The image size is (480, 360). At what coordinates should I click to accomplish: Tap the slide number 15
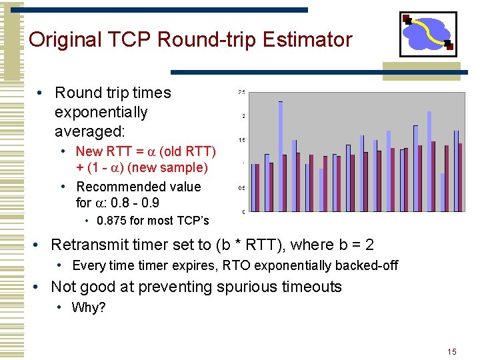[x=451, y=351]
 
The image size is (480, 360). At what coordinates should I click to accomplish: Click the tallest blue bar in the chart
[x=281, y=156]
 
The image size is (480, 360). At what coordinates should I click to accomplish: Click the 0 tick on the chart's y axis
[x=243, y=212]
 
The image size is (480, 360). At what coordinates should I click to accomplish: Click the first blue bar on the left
[x=253, y=184]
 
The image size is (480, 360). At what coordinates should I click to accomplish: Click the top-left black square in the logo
[x=407, y=19]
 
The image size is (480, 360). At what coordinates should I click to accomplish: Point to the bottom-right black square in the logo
[x=449, y=47]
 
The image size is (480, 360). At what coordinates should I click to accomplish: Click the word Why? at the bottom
[x=89, y=307]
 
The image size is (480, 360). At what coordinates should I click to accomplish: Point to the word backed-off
[x=367, y=265]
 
